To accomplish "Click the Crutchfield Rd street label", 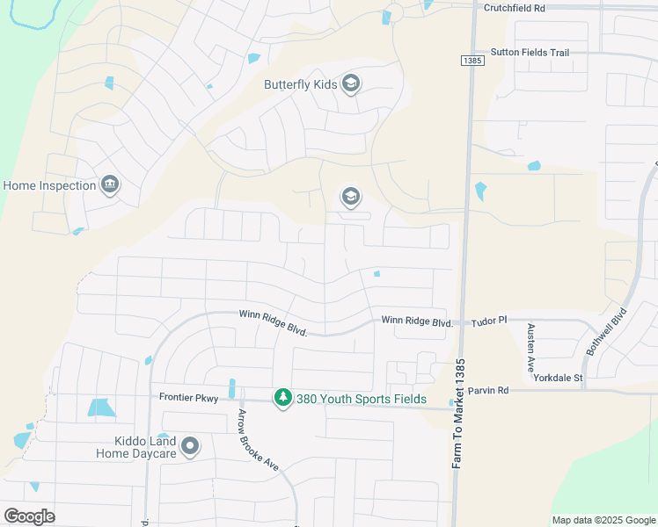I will click(x=515, y=7).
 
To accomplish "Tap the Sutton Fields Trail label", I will click(x=530, y=53).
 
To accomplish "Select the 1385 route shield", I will click(x=471, y=60).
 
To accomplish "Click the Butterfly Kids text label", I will click(x=300, y=84).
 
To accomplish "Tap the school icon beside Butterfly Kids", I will click(x=350, y=84).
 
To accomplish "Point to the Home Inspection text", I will click(x=49, y=185).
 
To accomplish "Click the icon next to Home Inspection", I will click(x=110, y=184).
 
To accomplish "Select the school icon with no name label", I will click(x=350, y=196).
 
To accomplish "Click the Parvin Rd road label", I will click(x=488, y=390).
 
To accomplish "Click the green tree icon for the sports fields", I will click(x=282, y=399).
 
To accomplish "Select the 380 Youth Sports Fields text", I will click(x=362, y=399).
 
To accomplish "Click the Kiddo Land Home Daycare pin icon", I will click(x=190, y=447).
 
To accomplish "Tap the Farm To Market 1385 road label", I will click(x=457, y=413).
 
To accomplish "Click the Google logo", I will click(x=29, y=516).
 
